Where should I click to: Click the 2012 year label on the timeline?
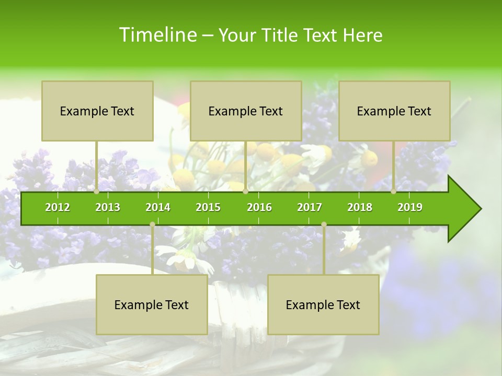(x=58, y=207)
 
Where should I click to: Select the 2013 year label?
(x=108, y=207)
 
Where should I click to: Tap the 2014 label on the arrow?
(x=158, y=207)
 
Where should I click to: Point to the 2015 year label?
(x=208, y=207)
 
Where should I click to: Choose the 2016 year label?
(x=259, y=207)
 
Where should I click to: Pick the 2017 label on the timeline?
(x=310, y=207)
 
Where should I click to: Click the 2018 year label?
(x=360, y=207)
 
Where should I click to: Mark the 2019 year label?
(x=410, y=207)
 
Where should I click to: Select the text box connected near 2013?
(x=97, y=111)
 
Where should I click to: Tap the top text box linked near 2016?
(x=246, y=111)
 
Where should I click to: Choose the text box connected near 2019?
(x=394, y=111)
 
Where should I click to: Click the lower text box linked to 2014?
(x=152, y=304)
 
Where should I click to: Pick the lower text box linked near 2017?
(x=323, y=304)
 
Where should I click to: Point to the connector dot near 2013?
(x=97, y=192)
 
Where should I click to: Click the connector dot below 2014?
(x=152, y=224)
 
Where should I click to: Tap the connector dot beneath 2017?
(x=324, y=224)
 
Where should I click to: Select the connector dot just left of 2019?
(x=393, y=192)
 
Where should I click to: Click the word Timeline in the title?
(x=157, y=35)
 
